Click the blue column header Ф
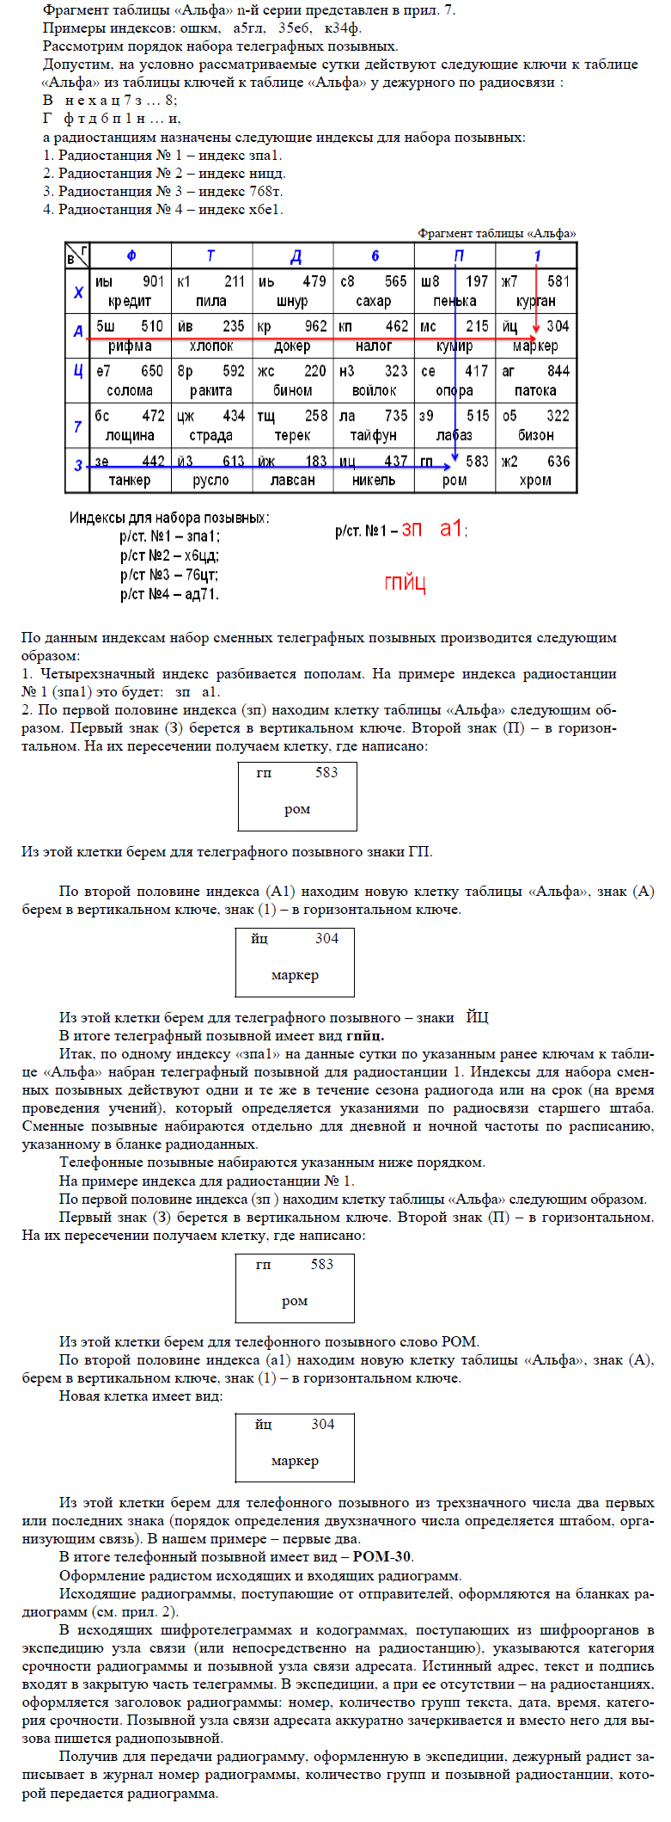131,256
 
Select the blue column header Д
295,256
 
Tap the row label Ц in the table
78,371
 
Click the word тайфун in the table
374,435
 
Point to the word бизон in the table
535,435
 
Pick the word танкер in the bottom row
130,481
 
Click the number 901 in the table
153,281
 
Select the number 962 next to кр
315,326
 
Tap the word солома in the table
130,390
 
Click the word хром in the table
535,481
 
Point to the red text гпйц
405,583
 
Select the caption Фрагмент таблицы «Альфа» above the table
497,233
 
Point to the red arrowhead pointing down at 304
536,328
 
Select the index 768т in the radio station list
265,191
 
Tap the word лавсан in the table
292,481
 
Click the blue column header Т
210,256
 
